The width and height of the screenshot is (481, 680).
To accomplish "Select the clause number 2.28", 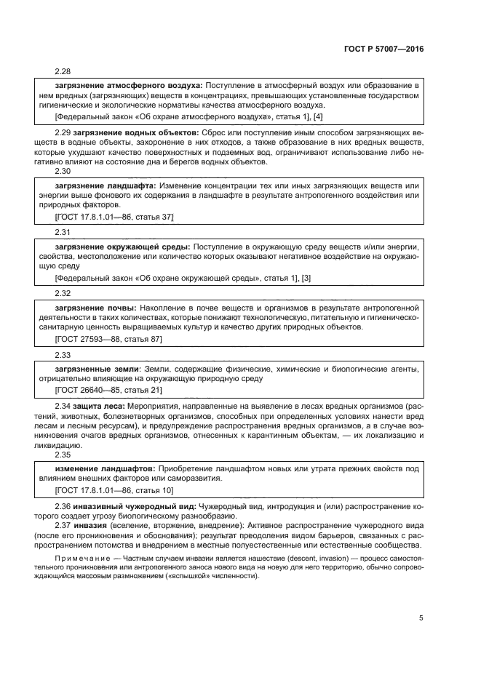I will [63, 71].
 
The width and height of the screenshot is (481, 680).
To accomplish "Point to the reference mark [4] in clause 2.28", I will [318, 116].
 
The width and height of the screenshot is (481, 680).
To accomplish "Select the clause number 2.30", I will [63, 172].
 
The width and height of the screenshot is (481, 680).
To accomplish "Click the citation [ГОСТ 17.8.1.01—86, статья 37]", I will [114, 217].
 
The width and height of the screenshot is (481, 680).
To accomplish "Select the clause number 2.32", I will [63, 293].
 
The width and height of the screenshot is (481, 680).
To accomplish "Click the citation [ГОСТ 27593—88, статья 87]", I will [108, 339].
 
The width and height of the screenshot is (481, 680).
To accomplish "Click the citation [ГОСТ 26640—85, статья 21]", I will [108, 390].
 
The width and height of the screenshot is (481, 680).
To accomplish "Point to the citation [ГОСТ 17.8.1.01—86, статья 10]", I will [114, 490].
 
